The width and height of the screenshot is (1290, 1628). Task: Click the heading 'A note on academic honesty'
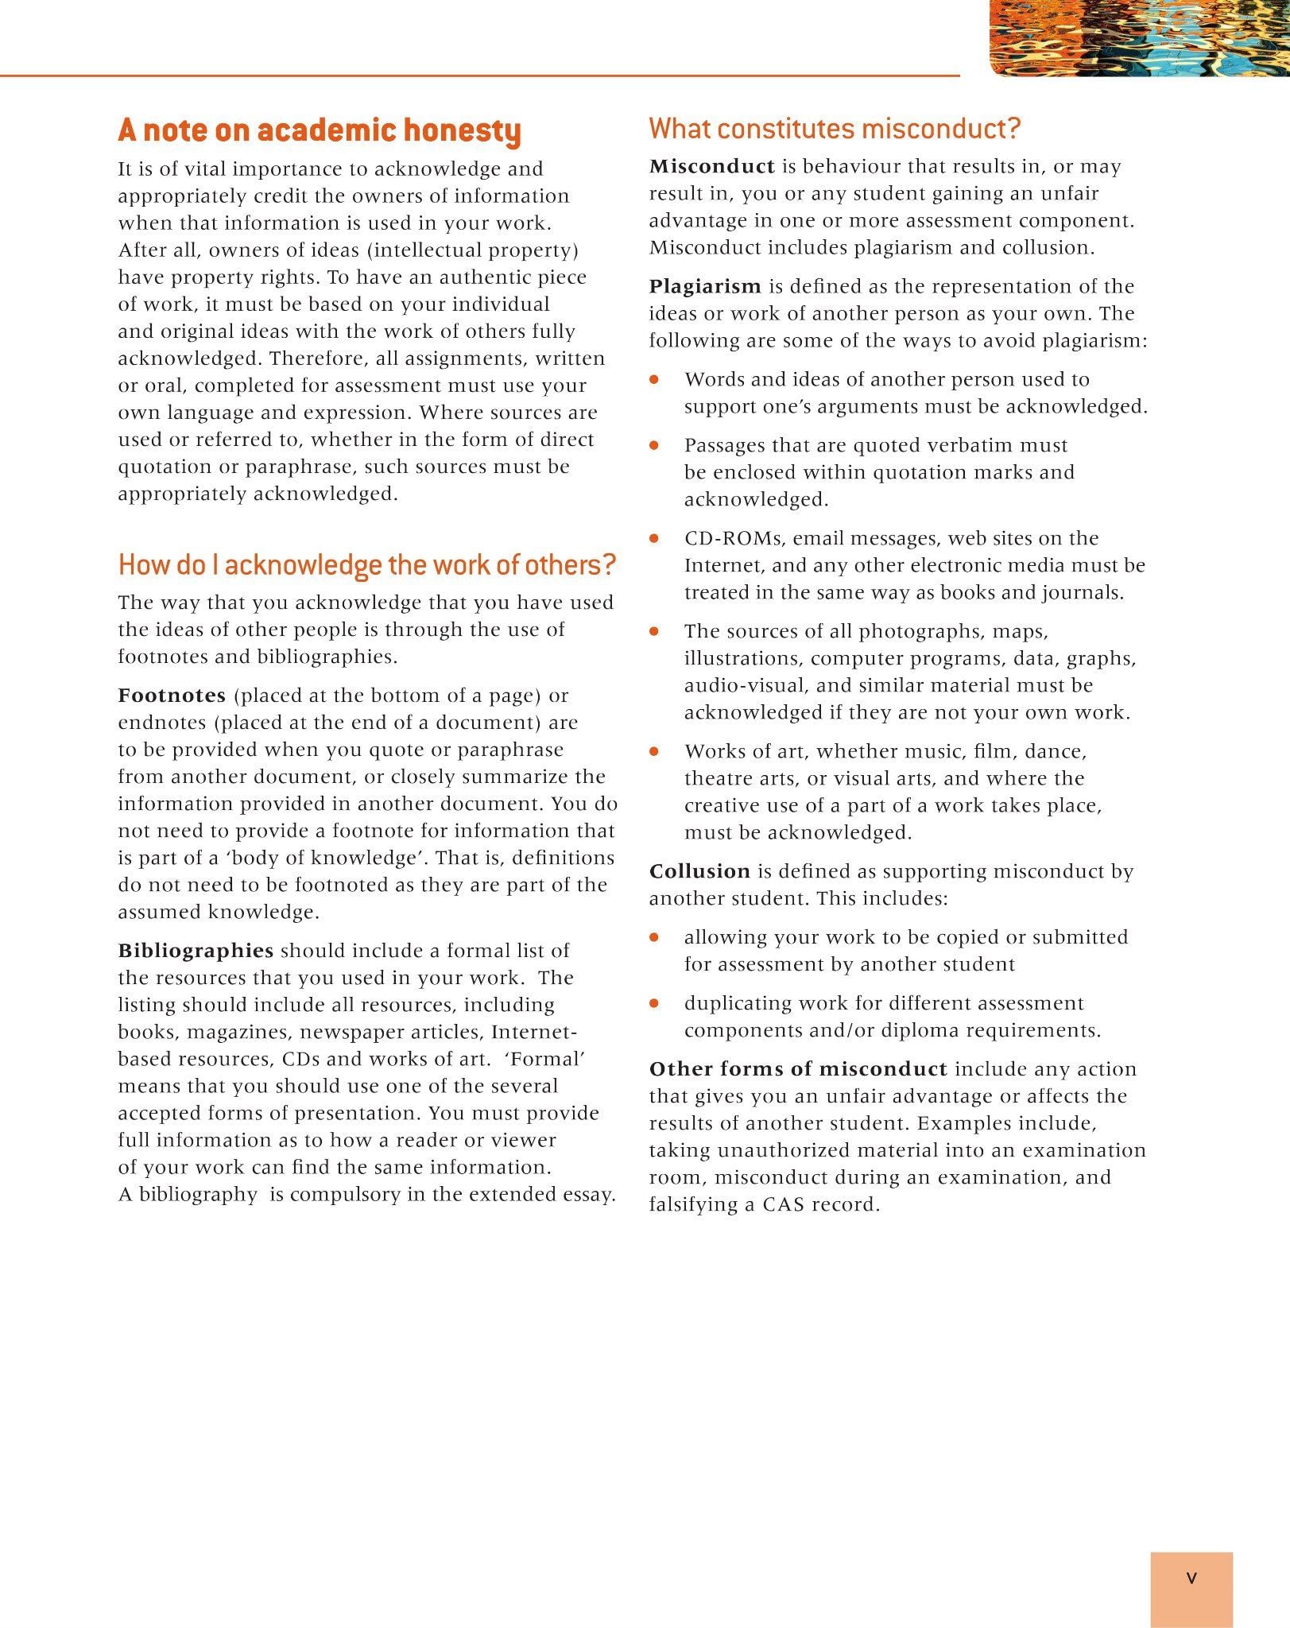(320, 131)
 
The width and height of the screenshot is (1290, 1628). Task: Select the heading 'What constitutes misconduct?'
(835, 129)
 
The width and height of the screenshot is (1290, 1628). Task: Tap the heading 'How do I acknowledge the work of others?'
(367, 565)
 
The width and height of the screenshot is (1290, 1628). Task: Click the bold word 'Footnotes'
(172, 696)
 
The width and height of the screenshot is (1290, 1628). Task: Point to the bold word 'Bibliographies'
(196, 951)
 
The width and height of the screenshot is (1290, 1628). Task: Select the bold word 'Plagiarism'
(705, 286)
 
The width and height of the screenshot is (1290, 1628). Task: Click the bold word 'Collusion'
(699, 871)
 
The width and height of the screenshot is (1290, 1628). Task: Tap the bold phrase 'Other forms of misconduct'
(798, 1069)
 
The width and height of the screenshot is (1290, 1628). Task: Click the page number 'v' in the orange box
(1191, 1578)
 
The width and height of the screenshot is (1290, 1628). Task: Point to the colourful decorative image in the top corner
(1139, 37)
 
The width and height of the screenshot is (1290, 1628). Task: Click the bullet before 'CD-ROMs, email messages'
(654, 539)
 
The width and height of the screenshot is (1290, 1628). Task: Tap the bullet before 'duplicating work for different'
(654, 1004)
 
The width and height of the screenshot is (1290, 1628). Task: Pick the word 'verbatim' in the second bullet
(959, 445)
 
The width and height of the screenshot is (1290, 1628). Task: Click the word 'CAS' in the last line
(784, 1205)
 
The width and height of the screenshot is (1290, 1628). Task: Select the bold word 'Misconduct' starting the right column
(712, 166)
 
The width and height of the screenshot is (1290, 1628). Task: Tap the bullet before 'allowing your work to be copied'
(654, 938)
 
